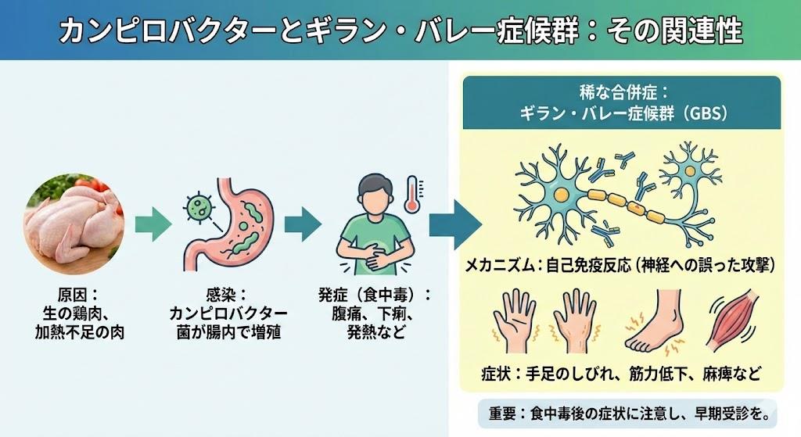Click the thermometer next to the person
[411, 195]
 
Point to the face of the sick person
[373, 195]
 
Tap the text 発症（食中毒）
[373, 296]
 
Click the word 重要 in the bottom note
[499, 412]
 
